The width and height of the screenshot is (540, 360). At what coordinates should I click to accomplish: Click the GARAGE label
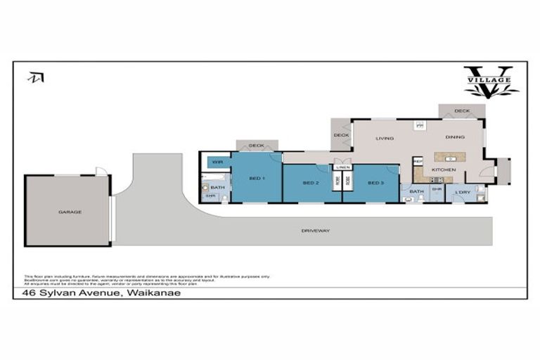[x=70, y=211]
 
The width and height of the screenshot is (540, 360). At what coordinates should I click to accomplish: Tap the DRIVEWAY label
[x=316, y=230]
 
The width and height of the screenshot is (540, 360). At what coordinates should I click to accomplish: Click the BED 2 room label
[x=311, y=183]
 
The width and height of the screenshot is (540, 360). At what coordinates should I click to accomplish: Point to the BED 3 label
[x=376, y=183]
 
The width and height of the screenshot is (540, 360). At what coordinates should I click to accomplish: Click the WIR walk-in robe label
[x=217, y=162]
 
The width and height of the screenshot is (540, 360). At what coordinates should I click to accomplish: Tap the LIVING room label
[x=384, y=138]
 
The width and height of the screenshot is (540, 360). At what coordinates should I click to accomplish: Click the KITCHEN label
[x=444, y=170]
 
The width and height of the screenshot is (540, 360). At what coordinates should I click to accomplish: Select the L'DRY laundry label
[x=462, y=192]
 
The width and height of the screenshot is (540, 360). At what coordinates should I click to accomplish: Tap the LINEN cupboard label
[x=342, y=167]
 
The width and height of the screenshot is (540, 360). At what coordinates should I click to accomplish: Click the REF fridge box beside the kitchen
[x=417, y=162]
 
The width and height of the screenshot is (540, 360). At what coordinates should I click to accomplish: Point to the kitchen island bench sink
[x=448, y=157]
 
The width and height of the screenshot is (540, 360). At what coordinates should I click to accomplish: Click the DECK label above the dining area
[x=461, y=111]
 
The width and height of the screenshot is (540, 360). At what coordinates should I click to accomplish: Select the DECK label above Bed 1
[x=257, y=146]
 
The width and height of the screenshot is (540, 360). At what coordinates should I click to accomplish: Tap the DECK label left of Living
[x=341, y=135]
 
